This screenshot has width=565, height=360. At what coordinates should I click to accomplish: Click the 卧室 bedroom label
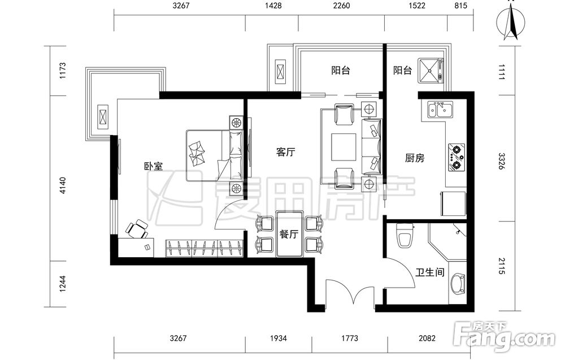pos(154,166)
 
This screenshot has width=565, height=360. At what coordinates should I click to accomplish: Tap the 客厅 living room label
pos(285,151)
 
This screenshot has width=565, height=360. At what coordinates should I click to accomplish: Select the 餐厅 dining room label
pos(289,234)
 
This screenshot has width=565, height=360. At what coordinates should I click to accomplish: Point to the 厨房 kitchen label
pos(415,158)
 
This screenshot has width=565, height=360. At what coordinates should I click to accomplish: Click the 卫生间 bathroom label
pos(430,272)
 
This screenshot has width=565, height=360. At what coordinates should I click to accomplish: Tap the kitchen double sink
pos(440,110)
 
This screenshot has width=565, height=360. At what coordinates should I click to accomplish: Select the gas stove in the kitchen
pos(456,158)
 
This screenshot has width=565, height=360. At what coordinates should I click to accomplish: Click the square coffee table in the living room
pos(344,146)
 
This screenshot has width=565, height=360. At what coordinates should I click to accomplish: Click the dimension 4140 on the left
pos(63,185)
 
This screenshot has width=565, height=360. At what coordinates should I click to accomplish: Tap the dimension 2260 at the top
pos(341,6)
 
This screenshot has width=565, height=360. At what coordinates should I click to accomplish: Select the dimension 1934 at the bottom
pos(279,338)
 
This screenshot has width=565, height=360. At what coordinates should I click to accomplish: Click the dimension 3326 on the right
pos(502,162)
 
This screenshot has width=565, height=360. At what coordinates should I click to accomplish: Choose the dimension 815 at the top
pos(460,6)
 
